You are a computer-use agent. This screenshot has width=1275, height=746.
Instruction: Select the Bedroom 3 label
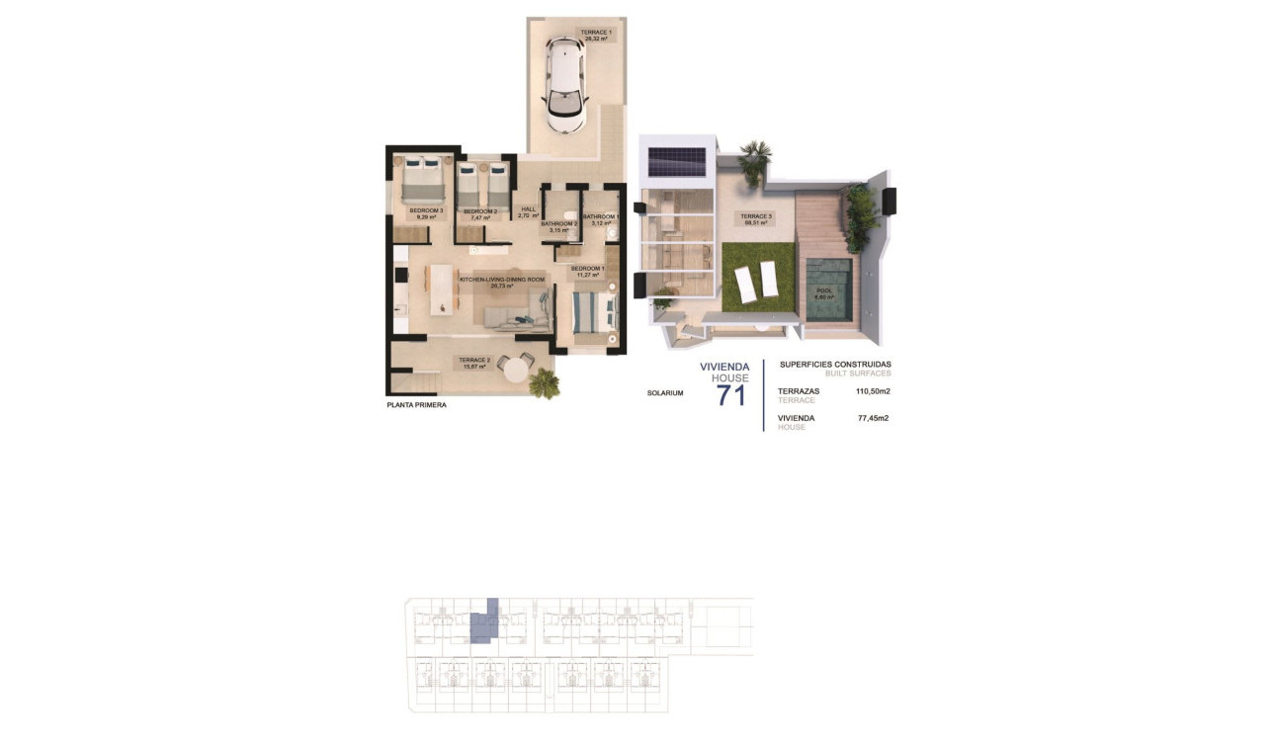[x=427, y=212]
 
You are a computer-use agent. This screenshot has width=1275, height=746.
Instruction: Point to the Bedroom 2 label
[x=480, y=213]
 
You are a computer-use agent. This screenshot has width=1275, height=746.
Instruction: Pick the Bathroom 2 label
[x=559, y=226]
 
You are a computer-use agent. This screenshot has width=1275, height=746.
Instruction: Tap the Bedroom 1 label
[x=589, y=271]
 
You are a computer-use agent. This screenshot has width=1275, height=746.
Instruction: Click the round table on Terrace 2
[x=516, y=370]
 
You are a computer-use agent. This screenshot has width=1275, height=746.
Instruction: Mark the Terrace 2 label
[x=474, y=363]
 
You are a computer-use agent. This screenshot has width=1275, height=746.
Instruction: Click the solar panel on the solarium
[x=676, y=160]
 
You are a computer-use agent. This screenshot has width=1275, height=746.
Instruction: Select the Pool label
[x=824, y=293]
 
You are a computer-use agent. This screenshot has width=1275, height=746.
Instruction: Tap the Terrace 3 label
[x=758, y=218]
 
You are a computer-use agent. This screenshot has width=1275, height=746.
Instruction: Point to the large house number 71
[x=731, y=396]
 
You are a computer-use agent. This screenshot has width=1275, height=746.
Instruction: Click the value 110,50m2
[x=873, y=391]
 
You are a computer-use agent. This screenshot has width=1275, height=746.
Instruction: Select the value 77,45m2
[x=873, y=418]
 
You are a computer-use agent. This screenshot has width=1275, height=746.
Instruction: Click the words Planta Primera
[x=416, y=405]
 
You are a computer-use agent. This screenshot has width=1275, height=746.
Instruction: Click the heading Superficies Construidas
[x=835, y=364]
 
